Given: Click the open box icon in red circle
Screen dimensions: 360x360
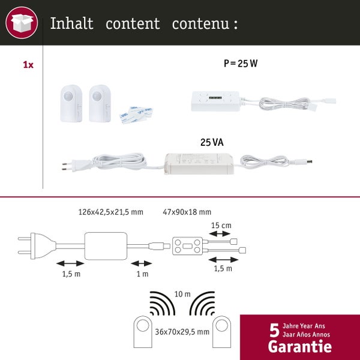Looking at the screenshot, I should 22,23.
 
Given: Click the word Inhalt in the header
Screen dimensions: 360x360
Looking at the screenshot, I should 71,23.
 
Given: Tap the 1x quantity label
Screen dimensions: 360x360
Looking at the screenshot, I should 28,65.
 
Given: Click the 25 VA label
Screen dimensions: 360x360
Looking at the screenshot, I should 212,143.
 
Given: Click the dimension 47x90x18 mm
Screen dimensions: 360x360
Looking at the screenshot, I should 187,212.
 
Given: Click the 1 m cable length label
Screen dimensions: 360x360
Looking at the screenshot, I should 143,274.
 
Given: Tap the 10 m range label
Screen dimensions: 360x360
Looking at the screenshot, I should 183,294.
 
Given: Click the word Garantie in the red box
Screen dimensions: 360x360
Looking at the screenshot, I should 299,346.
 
